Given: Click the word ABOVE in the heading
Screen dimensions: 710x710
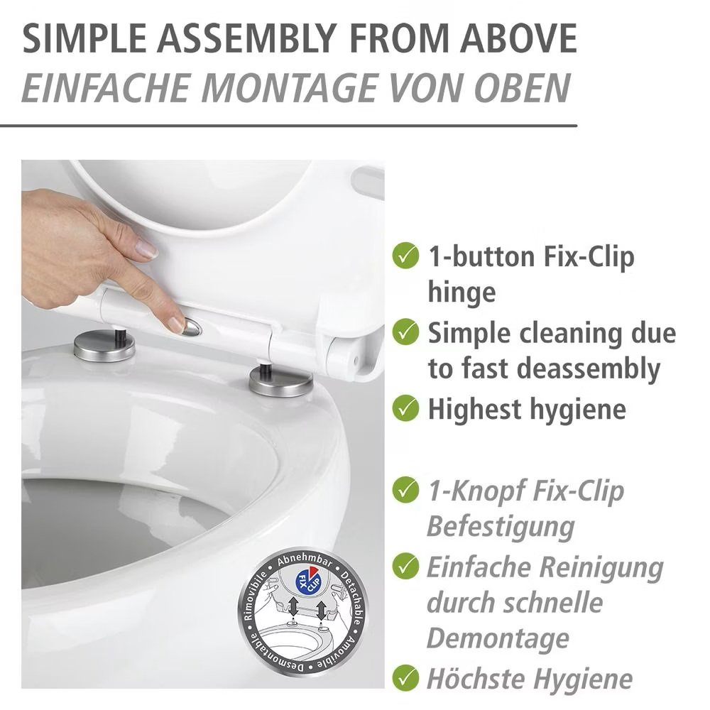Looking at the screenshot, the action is click(x=519, y=38).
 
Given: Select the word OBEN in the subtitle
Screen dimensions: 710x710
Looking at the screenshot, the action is click(x=523, y=88).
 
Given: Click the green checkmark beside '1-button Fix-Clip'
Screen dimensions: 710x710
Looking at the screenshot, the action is click(x=405, y=256).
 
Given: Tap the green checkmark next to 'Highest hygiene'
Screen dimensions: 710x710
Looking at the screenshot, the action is click(x=405, y=408).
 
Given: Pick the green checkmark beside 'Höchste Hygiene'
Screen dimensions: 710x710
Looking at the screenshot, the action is click(x=405, y=678).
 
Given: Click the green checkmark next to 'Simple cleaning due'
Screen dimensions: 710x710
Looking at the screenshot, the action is click(x=405, y=332).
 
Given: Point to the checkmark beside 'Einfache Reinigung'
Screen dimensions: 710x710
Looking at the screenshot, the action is click(x=405, y=566).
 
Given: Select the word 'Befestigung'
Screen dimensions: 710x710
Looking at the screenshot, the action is click(x=501, y=527).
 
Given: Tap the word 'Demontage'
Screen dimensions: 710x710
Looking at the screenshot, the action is click(x=498, y=638).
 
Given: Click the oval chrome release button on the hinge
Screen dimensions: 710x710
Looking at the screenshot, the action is click(x=192, y=327).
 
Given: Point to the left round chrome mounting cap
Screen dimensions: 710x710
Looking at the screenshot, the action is click(x=104, y=347).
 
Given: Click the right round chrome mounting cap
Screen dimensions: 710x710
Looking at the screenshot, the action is click(x=280, y=381).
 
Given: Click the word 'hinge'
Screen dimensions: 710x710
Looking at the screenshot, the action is click(x=461, y=293).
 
